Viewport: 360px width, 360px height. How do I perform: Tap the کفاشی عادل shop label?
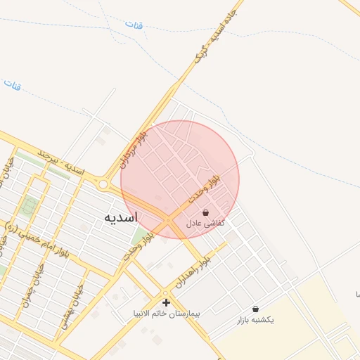[205, 222]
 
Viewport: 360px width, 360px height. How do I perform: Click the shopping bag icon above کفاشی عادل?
[205, 212]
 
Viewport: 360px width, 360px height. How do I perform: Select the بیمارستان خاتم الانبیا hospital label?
[166, 311]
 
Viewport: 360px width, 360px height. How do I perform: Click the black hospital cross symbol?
[166, 302]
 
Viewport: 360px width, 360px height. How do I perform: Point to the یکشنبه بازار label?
[255, 319]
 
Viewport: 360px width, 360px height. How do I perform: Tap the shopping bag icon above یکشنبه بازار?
[255, 309]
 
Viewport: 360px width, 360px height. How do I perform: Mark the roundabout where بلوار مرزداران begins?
[104, 184]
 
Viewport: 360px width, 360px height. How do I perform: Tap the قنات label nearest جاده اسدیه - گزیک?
[134, 25]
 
